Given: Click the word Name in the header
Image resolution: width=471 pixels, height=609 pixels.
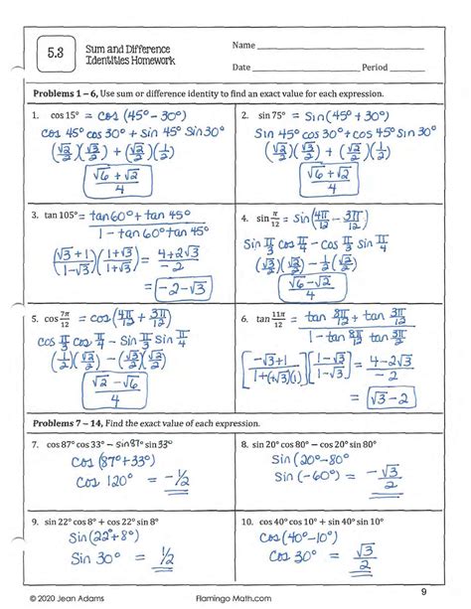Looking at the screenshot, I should coord(242,46).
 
